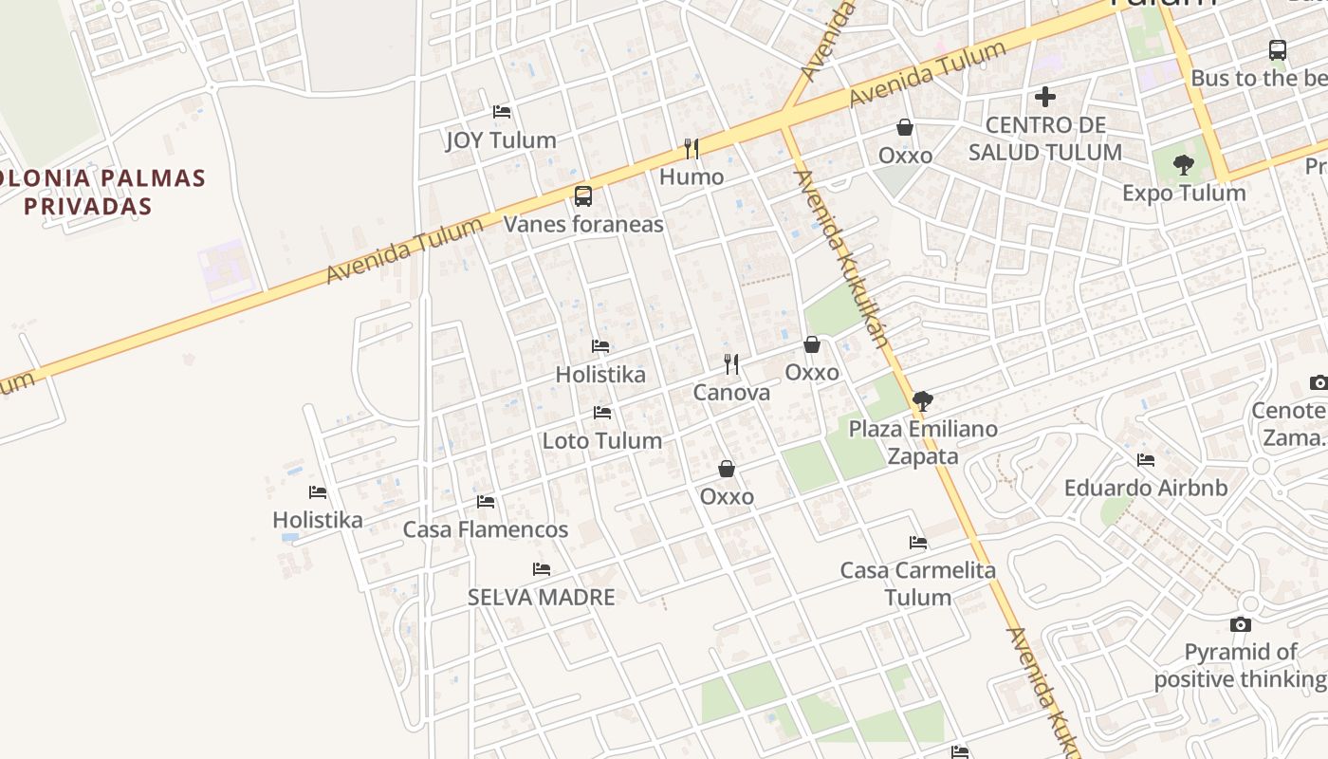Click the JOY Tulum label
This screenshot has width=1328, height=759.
click(x=501, y=140)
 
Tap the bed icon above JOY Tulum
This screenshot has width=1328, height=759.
click(x=502, y=112)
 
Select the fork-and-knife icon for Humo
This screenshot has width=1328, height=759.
click(x=692, y=149)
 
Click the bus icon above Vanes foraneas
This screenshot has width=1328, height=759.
click(x=583, y=196)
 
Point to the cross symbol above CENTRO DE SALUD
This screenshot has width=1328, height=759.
click(x=1045, y=97)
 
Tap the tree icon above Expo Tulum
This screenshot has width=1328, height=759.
click(x=1183, y=165)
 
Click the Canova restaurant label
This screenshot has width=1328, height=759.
click(x=731, y=393)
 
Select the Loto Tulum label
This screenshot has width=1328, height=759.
click(x=601, y=441)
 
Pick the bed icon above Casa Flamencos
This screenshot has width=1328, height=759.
click(x=486, y=502)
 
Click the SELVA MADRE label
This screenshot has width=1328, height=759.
click(x=542, y=598)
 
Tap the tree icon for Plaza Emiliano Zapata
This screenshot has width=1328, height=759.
click(x=923, y=400)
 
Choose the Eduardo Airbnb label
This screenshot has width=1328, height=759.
click(x=1146, y=489)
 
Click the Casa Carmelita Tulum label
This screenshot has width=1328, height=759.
click(x=918, y=583)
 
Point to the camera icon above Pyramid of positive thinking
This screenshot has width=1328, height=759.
click(x=1240, y=624)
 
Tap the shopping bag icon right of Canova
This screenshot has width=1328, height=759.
click(x=812, y=344)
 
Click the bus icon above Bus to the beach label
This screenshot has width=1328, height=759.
click(x=1278, y=50)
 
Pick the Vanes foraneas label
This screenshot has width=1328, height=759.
click(x=583, y=225)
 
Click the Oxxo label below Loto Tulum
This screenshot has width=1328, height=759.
click(x=727, y=497)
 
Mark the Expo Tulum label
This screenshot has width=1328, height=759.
click(x=1184, y=194)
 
